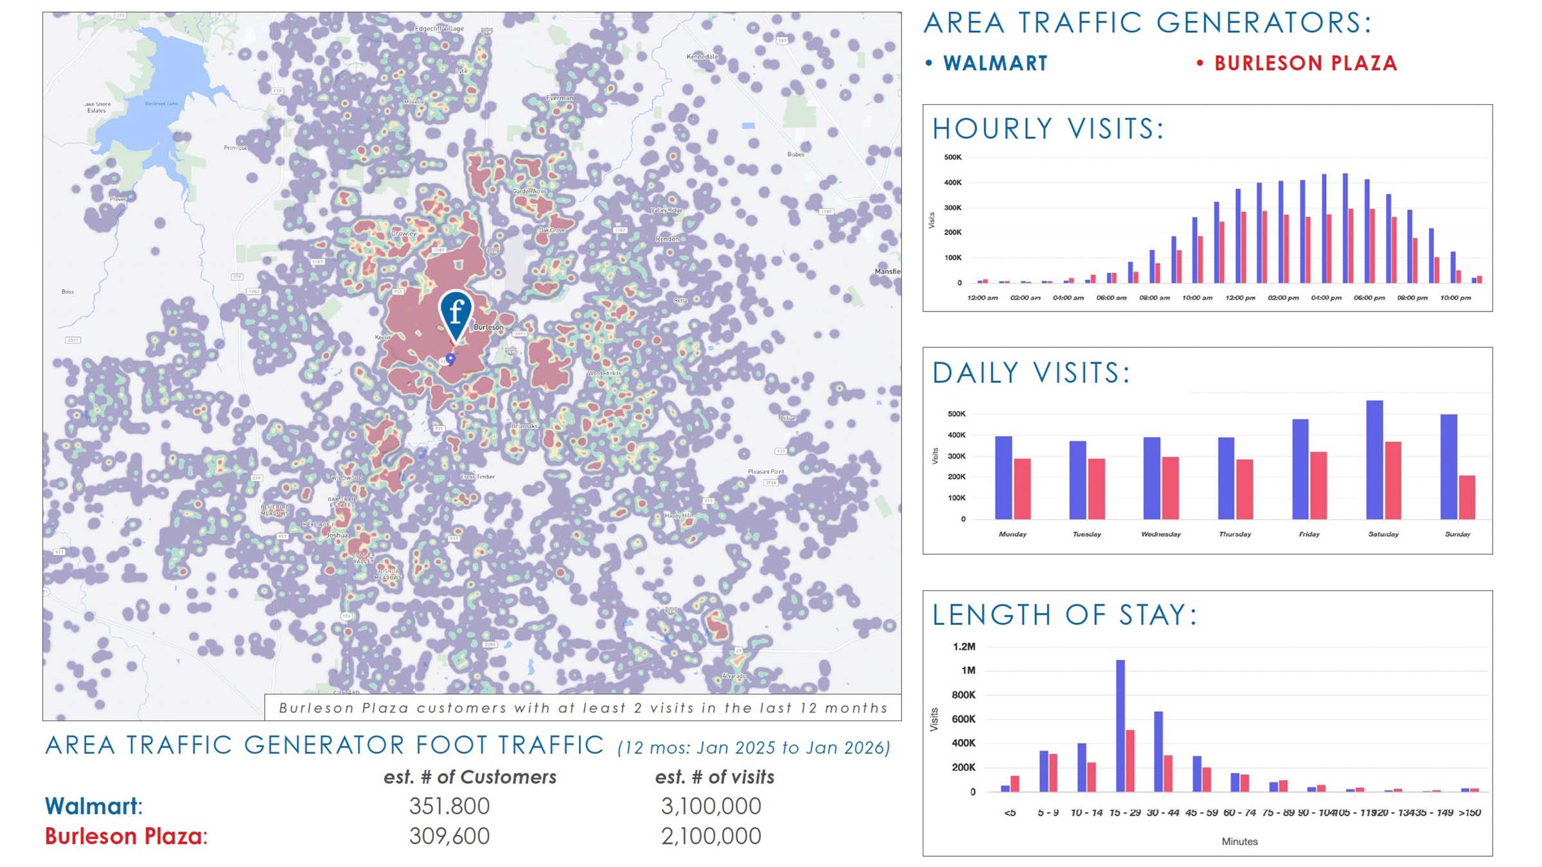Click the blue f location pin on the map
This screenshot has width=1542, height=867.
(x=456, y=312)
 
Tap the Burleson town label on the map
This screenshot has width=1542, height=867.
(x=488, y=327)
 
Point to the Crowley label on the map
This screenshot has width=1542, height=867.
(x=403, y=233)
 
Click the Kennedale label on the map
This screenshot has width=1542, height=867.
(x=702, y=57)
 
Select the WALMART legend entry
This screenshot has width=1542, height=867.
(x=995, y=63)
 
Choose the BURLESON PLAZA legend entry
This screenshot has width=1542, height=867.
(x=1305, y=63)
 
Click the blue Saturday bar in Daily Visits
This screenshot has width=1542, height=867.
(x=1374, y=460)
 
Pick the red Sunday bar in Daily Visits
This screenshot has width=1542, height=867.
(x=1467, y=497)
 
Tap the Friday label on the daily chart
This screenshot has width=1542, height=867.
(x=1309, y=534)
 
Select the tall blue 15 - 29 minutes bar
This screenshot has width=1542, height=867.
(x=1120, y=726)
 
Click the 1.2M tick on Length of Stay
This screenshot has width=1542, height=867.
(x=964, y=647)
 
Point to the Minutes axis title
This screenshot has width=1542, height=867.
(x=1239, y=841)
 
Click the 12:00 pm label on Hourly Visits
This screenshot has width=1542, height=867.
(x=1240, y=298)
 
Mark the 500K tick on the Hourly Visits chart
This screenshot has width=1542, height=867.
(x=952, y=157)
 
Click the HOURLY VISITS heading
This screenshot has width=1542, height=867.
(x=1048, y=129)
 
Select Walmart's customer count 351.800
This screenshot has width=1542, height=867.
(x=449, y=806)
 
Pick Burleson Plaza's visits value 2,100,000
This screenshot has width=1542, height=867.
(x=711, y=836)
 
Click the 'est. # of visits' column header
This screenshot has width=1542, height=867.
(x=714, y=777)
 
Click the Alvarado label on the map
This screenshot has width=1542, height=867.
(x=734, y=676)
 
